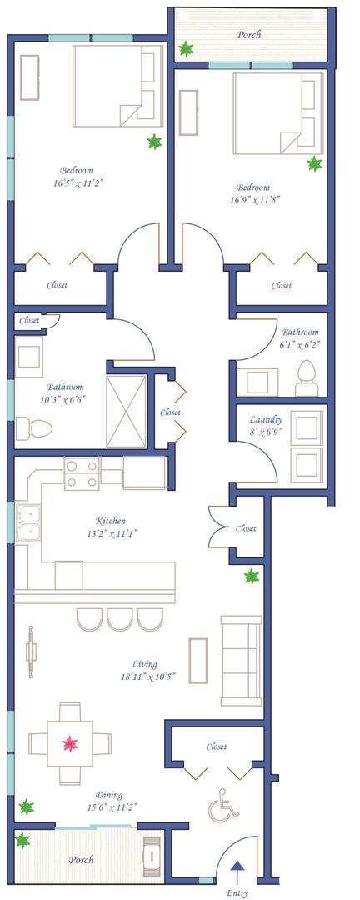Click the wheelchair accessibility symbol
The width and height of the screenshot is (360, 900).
(223, 806)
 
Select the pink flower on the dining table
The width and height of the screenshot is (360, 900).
(70, 744)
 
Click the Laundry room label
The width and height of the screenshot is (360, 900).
(266, 419)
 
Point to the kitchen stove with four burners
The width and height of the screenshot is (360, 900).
(82, 473)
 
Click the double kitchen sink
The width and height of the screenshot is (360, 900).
(27, 522)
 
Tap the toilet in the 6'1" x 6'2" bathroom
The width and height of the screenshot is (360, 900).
(307, 378)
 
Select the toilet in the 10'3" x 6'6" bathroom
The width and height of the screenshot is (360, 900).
(34, 428)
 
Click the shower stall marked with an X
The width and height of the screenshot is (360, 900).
(127, 411)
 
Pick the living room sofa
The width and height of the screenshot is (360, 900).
(242, 661)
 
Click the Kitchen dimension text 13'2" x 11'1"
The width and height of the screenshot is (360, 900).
(110, 533)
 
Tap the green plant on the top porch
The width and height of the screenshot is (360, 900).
(186, 49)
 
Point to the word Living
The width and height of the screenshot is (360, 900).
(143, 664)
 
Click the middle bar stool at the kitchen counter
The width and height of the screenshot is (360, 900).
(120, 619)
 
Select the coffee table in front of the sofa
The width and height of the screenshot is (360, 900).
(198, 660)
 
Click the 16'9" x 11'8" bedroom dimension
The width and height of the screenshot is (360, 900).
(253, 200)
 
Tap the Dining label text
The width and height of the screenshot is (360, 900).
(109, 795)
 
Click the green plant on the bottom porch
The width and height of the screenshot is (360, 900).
(22, 841)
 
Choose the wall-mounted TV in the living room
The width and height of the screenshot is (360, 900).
(31, 651)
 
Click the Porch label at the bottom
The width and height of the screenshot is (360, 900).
(81, 860)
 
